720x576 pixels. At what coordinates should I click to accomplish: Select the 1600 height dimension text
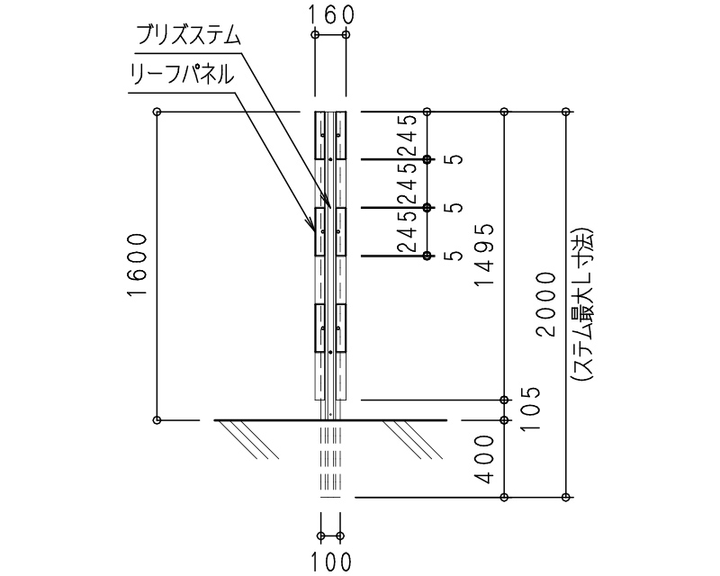pyautogui.click(x=136, y=267)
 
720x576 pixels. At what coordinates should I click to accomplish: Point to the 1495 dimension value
pyautogui.click(x=485, y=254)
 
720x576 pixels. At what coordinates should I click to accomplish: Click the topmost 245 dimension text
pyautogui.click(x=407, y=135)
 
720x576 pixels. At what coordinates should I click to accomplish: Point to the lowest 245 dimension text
pyautogui.click(x=407, y=232)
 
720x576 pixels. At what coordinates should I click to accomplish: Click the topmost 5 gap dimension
pyautogui.click(x=457, y=159)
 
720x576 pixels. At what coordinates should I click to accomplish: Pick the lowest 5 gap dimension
pyautogui.click(x=457, y=256)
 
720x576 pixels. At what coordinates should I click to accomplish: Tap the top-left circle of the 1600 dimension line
pyautogui.click(x=157, y=112)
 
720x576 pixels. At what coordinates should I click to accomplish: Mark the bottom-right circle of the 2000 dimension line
pyautogui.click(x=566, y=497)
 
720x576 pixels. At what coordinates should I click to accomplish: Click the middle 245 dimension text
pyautogui.click(x=407, y=184)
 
